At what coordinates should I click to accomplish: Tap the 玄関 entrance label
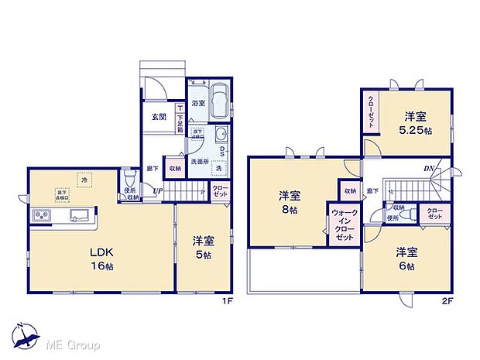[x=159, y=117]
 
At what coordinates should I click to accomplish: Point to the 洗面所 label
[x=201, y=163]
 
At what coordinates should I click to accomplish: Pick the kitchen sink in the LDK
[x=79, y=215]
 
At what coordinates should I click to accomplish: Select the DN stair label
[x=427, y=170]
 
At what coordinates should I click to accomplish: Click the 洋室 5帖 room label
[x=204, y=247]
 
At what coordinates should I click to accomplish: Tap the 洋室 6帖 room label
[x=406, y=259]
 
